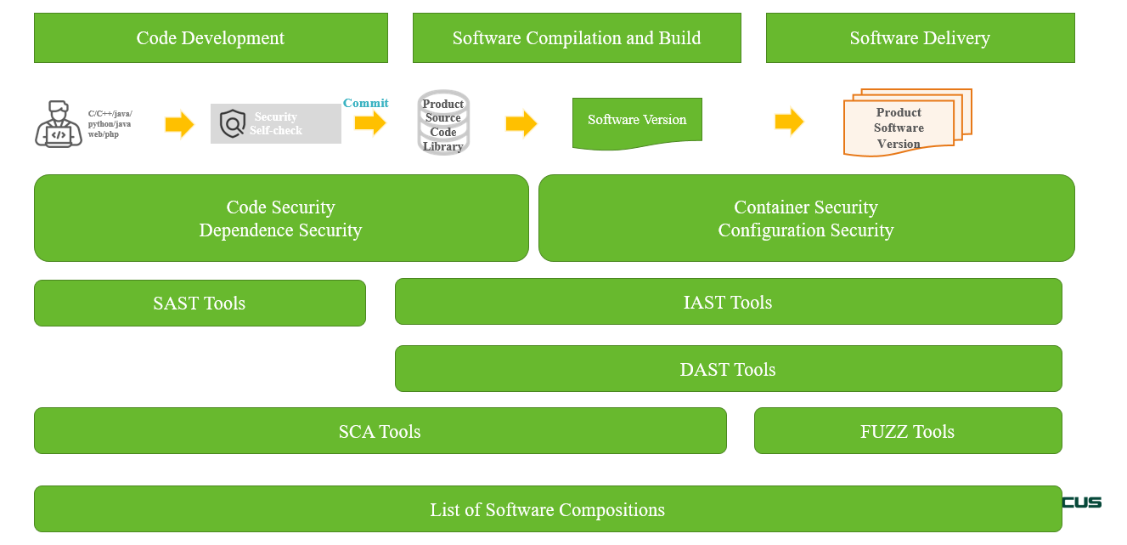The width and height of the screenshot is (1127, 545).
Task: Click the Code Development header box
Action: [211, 38]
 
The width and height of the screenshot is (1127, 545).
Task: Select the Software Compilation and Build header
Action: [577, 38]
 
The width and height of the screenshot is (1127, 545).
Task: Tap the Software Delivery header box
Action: [920, 38]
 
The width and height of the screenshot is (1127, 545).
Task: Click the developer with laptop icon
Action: [58, 124]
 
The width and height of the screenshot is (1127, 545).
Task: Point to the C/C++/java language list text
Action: [110, 124]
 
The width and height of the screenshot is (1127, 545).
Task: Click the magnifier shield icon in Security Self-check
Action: [232, 124]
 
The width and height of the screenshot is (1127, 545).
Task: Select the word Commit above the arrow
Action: [366, 103]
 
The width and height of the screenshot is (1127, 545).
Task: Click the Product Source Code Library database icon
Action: [443, 123]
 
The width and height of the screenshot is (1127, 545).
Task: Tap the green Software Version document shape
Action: [637, 122]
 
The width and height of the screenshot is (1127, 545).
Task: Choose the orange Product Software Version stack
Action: [905, 124]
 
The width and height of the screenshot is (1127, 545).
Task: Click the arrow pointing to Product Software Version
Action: [789, 122]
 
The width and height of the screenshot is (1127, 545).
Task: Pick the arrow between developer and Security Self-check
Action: [179, 124]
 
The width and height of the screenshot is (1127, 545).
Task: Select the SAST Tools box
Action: [200, 304]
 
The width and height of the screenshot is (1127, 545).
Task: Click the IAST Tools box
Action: [728, 302]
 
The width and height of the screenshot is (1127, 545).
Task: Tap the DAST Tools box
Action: [728, 369]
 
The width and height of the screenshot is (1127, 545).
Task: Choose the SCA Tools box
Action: [380, 431]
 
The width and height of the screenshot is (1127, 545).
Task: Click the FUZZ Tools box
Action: [907, 431]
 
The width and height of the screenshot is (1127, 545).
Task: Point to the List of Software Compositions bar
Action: [547, 510]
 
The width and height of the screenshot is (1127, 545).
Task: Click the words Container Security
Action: [806, 207]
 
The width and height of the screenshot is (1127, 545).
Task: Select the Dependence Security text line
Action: [280, 230]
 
